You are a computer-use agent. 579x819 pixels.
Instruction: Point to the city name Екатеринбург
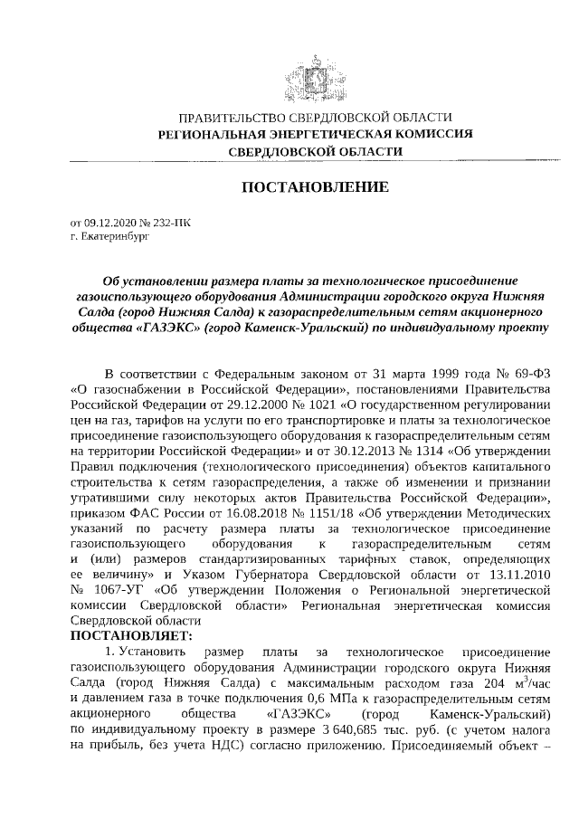(x=110, y=235)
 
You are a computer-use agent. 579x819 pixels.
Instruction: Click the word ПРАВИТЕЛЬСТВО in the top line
(x=223, y=119)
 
